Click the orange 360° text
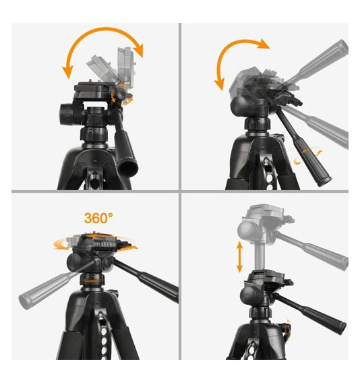tap(98, 218)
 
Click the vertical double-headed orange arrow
tap(239, 257)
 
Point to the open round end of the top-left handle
tap(128, 169)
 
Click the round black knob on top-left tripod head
tap(67, 115)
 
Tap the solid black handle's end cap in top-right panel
tap(326, 182)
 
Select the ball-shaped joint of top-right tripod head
tap(240, 105)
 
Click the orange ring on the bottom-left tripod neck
tap(92, 281)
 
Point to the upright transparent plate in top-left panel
tap(126, 66)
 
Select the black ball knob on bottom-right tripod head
tap(249, 295)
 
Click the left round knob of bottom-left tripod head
tap(74, 263)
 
